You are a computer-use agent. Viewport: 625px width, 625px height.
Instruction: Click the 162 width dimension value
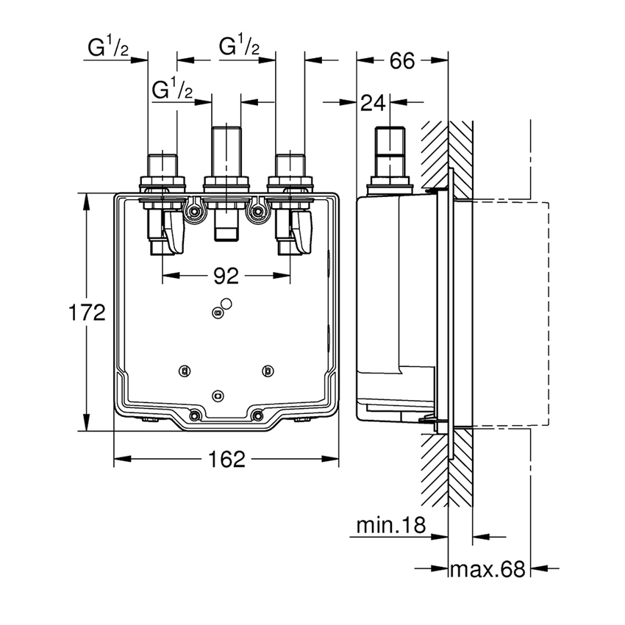pyautogui.click(x=226, y=460)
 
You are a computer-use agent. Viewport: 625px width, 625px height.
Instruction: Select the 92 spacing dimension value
pyautogui.click(x=226, y=276)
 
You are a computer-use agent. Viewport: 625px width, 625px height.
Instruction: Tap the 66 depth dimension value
pyautogui.click(x=401, y=61)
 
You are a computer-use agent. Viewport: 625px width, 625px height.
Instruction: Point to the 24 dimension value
pyautogui.click(x=374, y=104)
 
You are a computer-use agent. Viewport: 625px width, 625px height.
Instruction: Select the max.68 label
pyautogui.click(x=488, y=568)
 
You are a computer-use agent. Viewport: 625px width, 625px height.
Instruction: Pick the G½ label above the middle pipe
pyautogui.click(x=240, y=48)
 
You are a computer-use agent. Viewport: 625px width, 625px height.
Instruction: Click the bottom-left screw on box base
pyautogui.click(x=195, y=416)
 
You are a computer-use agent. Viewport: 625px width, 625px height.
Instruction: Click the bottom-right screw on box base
pyautogui.click(x=257, y=416)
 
